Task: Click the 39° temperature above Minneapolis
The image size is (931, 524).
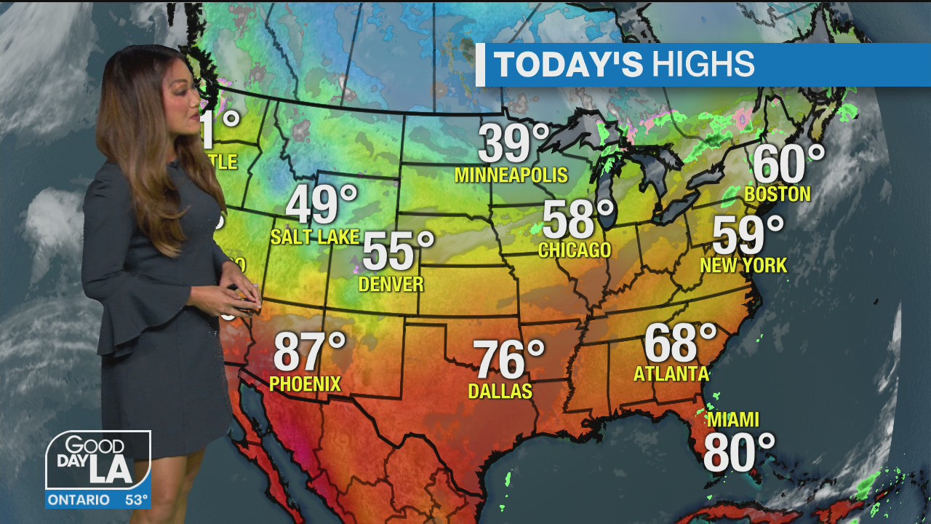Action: click(x=514, y=143)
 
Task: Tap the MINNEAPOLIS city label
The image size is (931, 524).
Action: click(x=511, y=175)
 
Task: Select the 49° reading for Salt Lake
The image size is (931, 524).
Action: click(x=321, y=205)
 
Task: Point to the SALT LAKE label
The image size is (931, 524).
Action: click(x=315, y=237)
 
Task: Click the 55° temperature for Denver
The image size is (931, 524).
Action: click(x=397, y=251)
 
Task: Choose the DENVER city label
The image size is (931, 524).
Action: click(x=391, y=284)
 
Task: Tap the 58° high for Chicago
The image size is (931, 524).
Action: click(x=578, y=219)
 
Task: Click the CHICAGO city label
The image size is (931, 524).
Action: click(x=575, y=250)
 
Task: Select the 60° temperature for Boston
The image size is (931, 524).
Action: click(x=788, y=164)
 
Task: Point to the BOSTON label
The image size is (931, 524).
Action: click(x=778, y=194)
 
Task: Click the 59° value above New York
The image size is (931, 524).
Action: click(x=748, y=235)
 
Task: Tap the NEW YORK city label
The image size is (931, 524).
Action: click(x=743, y=266)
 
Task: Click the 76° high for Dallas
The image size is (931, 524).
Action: click(x=508, y=360)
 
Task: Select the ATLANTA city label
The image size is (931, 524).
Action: click(x=671, y=374)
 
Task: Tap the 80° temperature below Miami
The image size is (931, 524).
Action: click(x=738, y=452)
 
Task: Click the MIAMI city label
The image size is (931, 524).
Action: click(x=732, y=420)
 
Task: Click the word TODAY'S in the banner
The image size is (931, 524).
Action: click(x=569, y=65)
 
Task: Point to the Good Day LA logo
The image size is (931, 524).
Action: click(x=97, y=461)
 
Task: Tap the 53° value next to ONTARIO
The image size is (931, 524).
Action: click(x=136, y=500)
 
